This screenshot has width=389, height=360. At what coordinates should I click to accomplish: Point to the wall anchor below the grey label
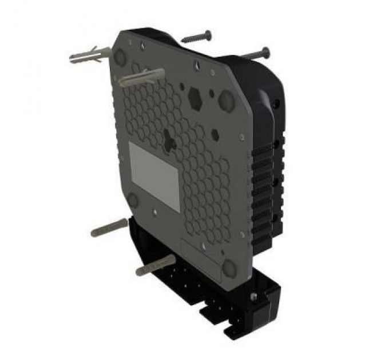pyautogui.click(x=109, y=227)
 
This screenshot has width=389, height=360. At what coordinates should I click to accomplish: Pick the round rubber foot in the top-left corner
pyautogui.click(x=121, y=56)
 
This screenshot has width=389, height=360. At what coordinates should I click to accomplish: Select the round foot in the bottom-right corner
pyautogui.click(x=229, y=267)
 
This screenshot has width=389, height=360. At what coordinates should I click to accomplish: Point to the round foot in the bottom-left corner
pyautogui.click(x=133, y=199)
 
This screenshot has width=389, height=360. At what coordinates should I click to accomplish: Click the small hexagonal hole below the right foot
pyautogui.click(x=215, y=134)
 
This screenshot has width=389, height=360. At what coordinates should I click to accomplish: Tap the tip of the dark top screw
pyautogui.click(x=183, y=41)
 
